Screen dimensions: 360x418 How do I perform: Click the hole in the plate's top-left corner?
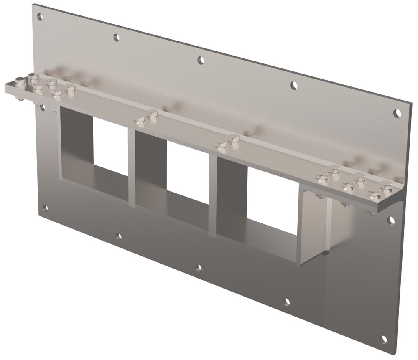[x=40, y=17]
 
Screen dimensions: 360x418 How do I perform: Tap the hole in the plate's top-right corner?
[x=398, y=112]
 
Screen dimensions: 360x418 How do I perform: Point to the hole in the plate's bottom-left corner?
[x=45, y=208]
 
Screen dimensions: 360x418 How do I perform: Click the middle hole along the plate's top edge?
[x=201, y=60]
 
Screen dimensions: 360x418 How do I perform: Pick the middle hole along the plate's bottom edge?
[x=199, y=267]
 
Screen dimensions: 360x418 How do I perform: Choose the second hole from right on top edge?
[x=294, y=85]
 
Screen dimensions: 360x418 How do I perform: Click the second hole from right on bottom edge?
[x=287, y=301]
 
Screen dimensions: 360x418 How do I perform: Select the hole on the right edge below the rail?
[x=391, y=220]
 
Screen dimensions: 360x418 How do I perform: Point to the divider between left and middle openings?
[x=131, y=167]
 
